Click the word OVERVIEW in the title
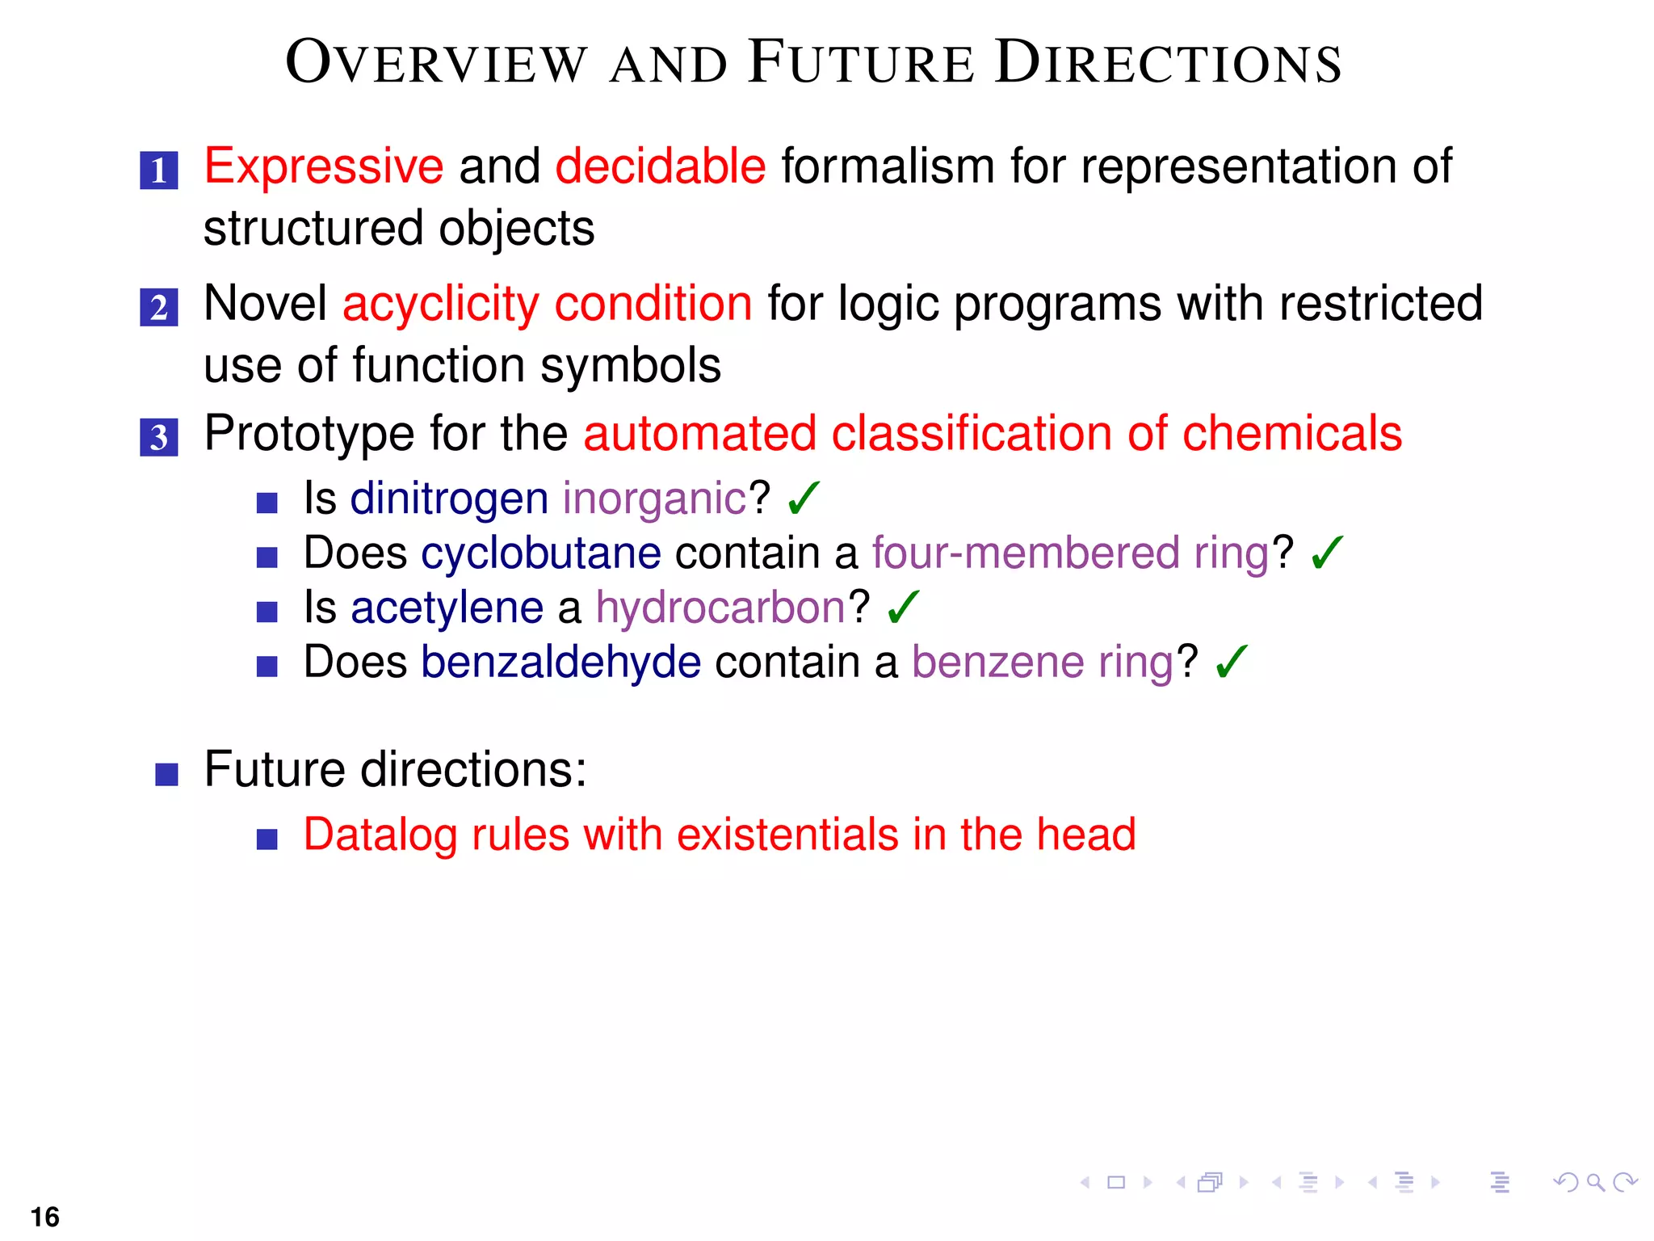pyautogui.click(x=436, y=63)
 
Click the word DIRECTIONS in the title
pyautogui.click(x=1168, y=63)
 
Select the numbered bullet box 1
pyautogui.click(x=159, y=170)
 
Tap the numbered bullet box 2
pyautogui.click(x=159, y=308)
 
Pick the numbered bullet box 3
pyautogui.click(x=159, y=437)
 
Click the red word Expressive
pyautogui.click(x=323, y=167)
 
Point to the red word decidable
pyautogui.click(x=660, y=167)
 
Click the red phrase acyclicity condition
pyautogui.click(x=547, y=305)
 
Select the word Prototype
pyautogui.click(x=309, y=434)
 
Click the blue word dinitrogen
pyautogui.click(x=449, y=499)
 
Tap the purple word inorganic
pyautogui.click(x=654, y=499)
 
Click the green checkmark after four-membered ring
pyautogui.click(x=1327, y=553)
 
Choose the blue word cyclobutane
pyautogui.click(x=540, y=553)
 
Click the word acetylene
pyautogui.click(x=447, y=608)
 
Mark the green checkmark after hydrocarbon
pyautogui.click(x=903, y=608)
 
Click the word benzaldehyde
pyautogui.click(x=560, y=663)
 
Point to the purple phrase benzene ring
pyautogui.click(x=1042, y=663)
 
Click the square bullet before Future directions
pyautogui.click(x=166, y=774)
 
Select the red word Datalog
pyautogui.click(x=380, y=835)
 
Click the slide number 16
pyautogui.click(x=45, y=1217)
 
